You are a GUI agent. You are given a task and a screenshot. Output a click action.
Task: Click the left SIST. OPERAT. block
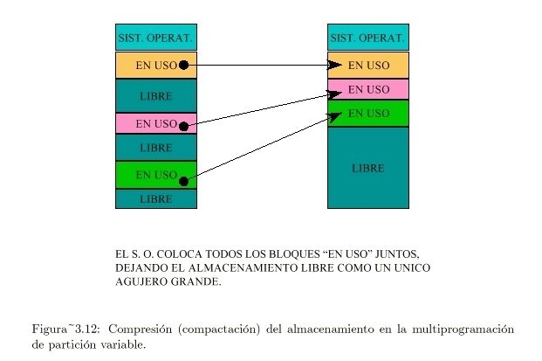coord(155,38)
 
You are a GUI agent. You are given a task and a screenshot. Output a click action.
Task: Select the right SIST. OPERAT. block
coord(367,38)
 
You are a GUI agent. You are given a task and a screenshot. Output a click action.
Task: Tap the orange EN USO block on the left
coord(155,65)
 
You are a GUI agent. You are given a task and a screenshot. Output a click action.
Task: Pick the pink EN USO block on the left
coord(155,123)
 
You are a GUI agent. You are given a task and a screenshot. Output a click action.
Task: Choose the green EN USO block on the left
coord(155,175)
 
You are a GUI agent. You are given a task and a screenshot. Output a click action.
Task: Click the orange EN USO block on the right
coord(367,65)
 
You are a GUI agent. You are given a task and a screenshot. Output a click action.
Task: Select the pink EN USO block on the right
coord(367,89)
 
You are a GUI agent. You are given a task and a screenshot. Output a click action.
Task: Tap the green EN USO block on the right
coord(367,114)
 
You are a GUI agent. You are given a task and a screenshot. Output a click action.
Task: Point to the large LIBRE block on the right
coord(367,167)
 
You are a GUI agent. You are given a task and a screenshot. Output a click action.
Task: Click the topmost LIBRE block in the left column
coord(155,95)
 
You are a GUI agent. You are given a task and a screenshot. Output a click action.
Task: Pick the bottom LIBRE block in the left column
coord(155,199)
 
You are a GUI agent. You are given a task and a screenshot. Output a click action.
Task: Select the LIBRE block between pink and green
coord(155,148)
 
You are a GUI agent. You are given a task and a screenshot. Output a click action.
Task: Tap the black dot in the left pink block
coord(183,126)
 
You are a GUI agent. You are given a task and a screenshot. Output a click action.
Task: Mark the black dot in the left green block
coord(183,181)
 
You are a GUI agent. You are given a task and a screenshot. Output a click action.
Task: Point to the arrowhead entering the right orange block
coord(335,65)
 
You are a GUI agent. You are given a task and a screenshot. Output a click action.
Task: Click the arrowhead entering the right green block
coord(335,115)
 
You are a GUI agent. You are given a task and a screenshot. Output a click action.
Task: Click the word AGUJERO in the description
coord(141,282)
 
